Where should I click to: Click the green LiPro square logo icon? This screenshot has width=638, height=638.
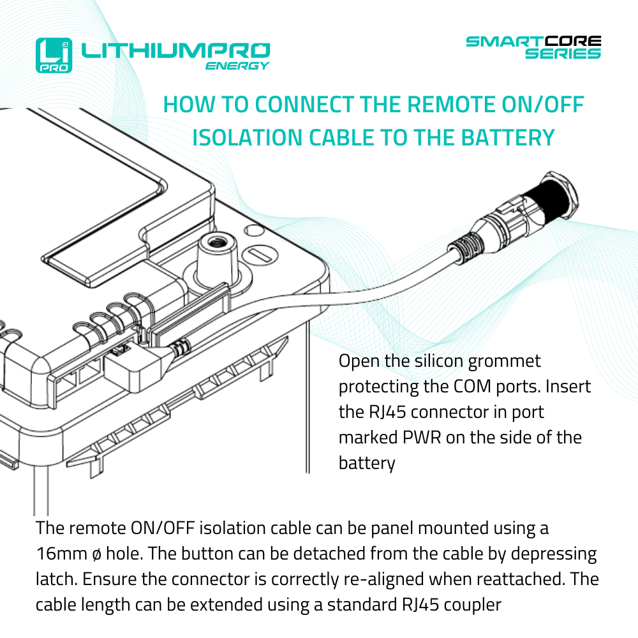pos(54,55)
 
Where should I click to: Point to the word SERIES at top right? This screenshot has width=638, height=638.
pos(563,54)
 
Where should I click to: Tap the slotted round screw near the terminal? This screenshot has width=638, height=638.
pos(260,255)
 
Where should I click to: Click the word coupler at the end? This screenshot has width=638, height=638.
pos(470,604)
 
